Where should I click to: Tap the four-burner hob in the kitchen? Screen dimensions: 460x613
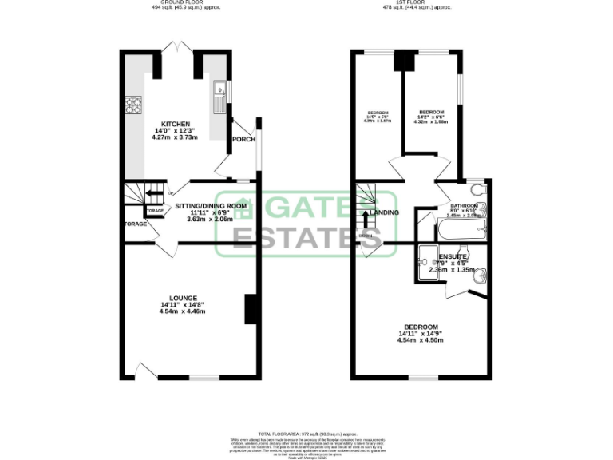click(x=132, y=105)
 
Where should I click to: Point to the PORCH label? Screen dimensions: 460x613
click(x=243, y=140)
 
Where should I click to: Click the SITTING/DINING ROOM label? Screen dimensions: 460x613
click(x=210, y=205)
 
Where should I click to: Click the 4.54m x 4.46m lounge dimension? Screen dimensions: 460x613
click(x=183, y=311)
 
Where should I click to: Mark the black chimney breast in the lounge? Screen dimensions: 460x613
click(x=250, y=309)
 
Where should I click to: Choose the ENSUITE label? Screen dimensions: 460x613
click(x=452, y=256)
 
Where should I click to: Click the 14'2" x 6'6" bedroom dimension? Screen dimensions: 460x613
click(x=433, y=117)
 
